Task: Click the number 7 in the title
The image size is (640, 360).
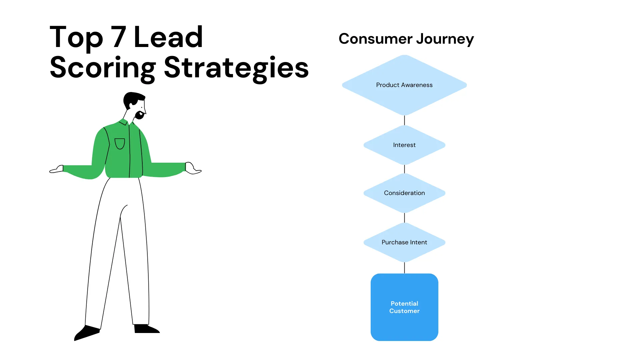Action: (x=119, y=37)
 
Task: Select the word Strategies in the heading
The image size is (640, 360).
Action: (x=236, y=68)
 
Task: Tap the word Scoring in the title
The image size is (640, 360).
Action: (x=103, y=68)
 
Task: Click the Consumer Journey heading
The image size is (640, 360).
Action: (x=406, y=39)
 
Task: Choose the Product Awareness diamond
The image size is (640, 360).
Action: (x=404, y=85)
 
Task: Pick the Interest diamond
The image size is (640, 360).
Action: (x=404, y=145)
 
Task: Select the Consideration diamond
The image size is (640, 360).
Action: (x=404, y=193)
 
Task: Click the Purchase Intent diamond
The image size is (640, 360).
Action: (x=404, y=242)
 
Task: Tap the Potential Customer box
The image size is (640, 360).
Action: (x=404, y=307)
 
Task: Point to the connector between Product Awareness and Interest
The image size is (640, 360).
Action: (x=404, y=120)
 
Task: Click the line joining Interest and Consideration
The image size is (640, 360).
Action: (x=404, y=169)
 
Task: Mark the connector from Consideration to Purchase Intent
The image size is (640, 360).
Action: (x=404, y=218)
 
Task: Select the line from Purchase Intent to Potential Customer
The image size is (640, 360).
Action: (x=404, y=268)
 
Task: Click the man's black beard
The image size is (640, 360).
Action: (x=139, y=115)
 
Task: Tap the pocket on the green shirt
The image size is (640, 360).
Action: (x=120, y=144)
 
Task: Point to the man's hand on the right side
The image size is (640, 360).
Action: (x=192, y=168)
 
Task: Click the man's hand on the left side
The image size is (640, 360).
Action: (x=57, y=169)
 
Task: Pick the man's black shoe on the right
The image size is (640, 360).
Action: (x=146, y=329)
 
